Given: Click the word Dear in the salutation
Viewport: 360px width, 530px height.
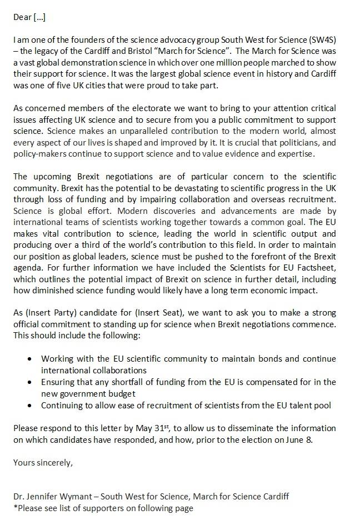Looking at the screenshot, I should point(22,17).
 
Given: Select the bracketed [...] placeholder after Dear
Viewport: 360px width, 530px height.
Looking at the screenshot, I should point(39,17).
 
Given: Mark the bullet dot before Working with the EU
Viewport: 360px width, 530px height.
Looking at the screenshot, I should point(29,359).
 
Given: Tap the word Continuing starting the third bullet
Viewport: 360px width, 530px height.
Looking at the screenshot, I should point(63,405).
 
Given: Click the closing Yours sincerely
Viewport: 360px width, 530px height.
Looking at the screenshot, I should point(43,462).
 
